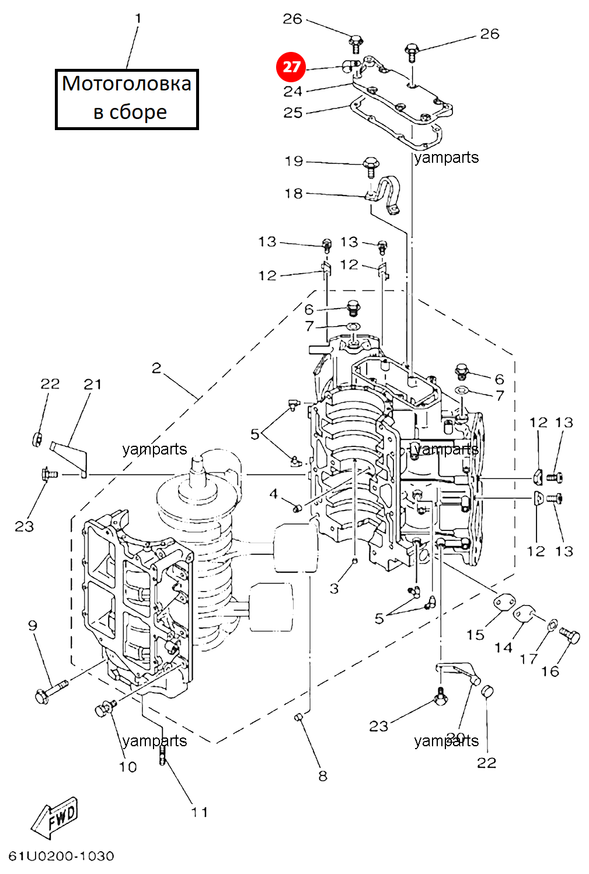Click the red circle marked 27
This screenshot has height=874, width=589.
pyautogui.click(x=291, y=67)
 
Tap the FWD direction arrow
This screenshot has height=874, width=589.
pyautogui.click(x=55, y=817)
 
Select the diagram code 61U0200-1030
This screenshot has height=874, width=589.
pyautogui.click(x=61, y=856)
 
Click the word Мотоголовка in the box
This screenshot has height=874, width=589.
pyautogui.click(x=127, y=84)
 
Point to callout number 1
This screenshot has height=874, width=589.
pyautogui.click(x=138, y=19)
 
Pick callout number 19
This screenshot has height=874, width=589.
pyautogui.click(x=294, y=161)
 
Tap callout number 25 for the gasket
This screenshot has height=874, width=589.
pyautogui.click(x=293, y=113)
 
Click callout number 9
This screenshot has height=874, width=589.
pyautogui.click(x=33, y=625)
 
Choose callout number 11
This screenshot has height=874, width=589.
pyautogui.click(x=200, y=812)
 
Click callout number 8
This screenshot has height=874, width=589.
pyautogui.click(x=323, y=776)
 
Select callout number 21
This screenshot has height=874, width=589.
pyautogui.click(x=93, y=384)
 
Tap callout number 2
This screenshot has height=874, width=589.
pyautogui.click(x=156, y=368)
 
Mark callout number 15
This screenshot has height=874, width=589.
pyautogui.click(x=475, y=635)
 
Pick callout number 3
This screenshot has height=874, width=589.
pyautogui.click(x=334, y=588)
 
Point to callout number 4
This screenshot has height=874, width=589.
pyautogui.click(x=273, y=494)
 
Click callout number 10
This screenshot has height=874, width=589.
pyautogui.click(x=128, y=767)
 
